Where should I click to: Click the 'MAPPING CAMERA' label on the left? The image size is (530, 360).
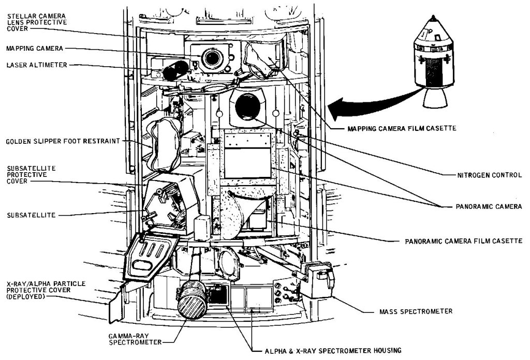point(35,48)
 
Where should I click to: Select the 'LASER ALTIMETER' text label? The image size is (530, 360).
point(37,65)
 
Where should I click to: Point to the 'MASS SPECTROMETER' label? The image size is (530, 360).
point(416,311)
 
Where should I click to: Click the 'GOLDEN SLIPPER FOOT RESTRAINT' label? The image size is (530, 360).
point(63,141)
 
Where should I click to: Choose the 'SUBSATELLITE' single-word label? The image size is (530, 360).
point(31,215)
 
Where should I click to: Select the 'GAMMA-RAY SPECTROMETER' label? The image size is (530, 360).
point(135,339)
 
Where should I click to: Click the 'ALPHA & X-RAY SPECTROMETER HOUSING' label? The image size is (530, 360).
point(333,351)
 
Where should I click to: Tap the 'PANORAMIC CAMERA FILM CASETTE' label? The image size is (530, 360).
point(464,241)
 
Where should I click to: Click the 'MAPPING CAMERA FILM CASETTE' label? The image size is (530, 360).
point(402,128)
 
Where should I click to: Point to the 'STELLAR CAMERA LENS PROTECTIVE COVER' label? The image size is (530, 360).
point(37,22)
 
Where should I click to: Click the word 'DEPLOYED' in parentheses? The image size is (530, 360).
point(25,296)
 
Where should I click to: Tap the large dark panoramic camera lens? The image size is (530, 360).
point(248,107)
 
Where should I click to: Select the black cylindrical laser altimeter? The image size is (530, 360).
point(175,70)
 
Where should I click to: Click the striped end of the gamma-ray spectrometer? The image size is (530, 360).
point(192,305)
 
